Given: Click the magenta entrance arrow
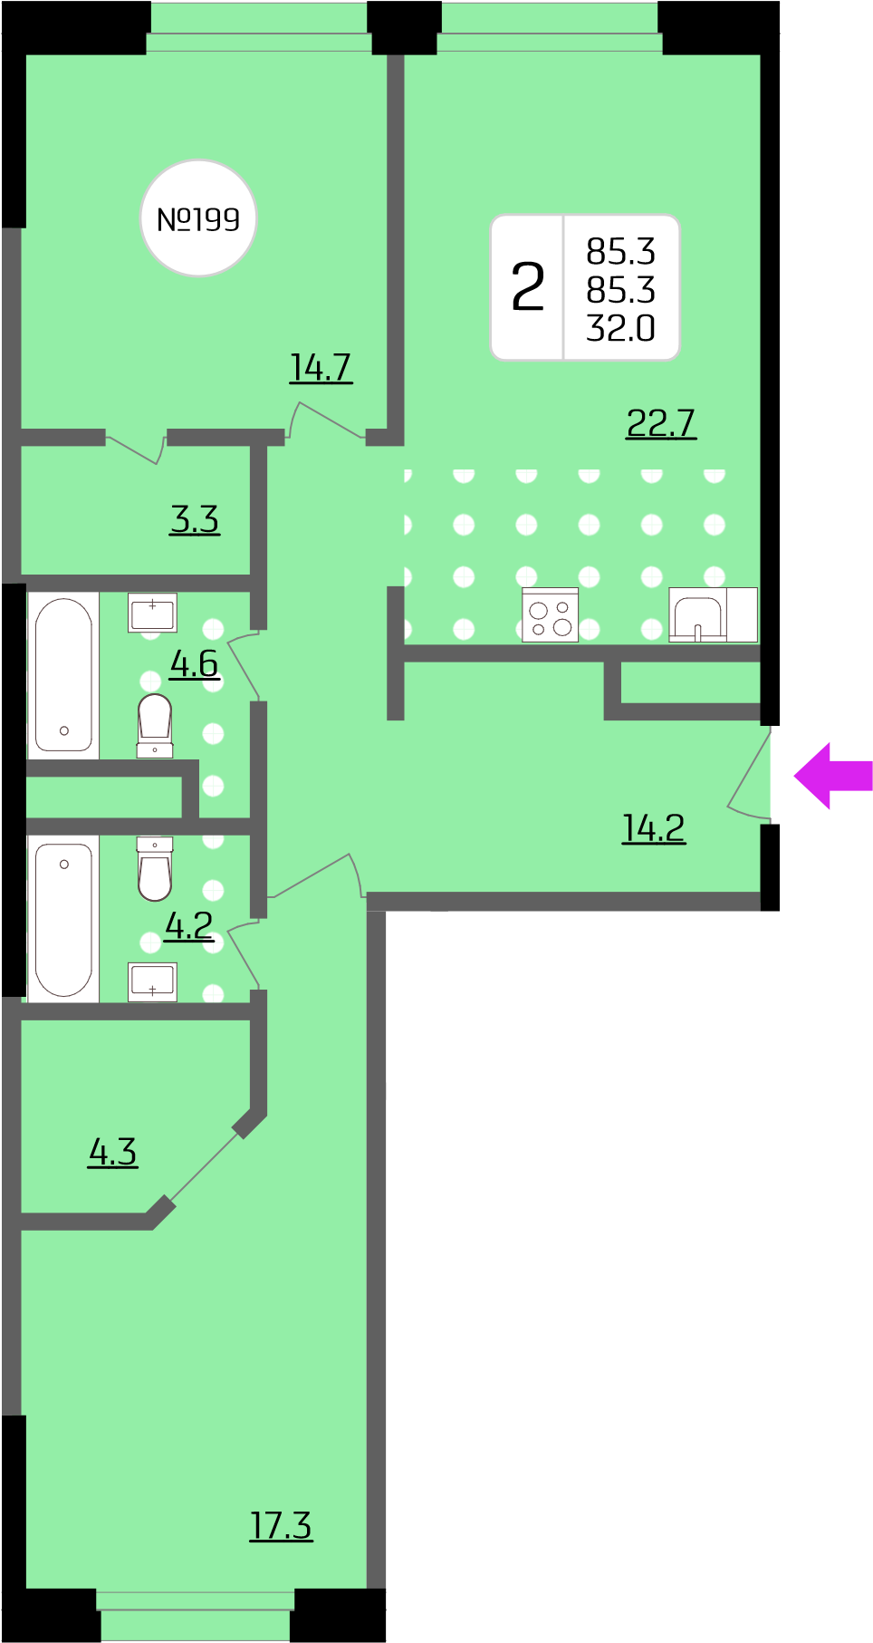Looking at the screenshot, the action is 833,776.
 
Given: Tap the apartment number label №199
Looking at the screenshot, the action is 198,219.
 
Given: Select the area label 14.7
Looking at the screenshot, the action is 321,368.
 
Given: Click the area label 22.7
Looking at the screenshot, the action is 661,423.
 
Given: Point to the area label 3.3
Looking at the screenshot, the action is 195,520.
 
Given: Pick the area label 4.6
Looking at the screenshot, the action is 194,664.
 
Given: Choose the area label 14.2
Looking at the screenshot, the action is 654,828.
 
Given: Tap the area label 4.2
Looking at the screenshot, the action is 189,926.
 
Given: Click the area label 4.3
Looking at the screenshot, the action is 113,1153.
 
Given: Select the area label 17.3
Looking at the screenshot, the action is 281,1526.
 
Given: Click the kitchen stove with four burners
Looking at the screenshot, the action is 551,615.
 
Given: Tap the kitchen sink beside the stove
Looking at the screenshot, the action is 697,615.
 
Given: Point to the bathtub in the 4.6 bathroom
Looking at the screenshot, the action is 63,675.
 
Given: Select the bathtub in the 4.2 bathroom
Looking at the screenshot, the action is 63,918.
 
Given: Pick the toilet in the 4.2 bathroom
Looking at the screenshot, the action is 155,868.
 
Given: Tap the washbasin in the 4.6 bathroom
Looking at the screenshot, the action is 152,614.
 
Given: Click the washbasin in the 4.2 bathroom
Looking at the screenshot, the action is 152,981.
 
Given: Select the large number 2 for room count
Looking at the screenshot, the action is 528,287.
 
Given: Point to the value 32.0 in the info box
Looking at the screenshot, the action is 620,328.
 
